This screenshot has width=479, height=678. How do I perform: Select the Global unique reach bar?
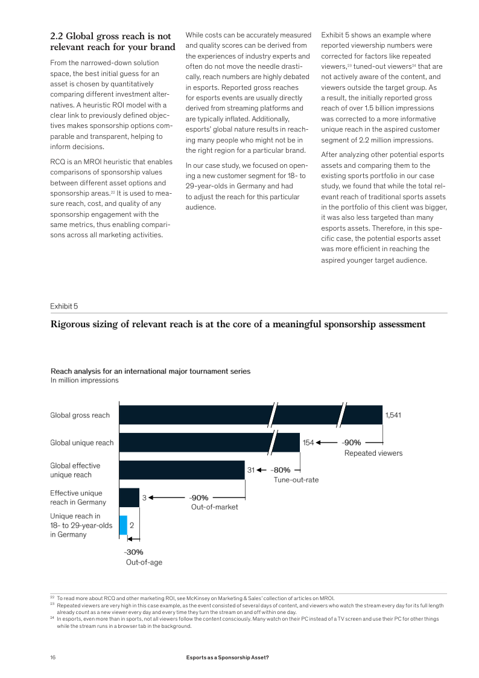coord(193,443)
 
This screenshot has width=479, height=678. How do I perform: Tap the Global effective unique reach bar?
coord(182,470)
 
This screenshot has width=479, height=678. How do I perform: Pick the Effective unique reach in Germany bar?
coord(129,497)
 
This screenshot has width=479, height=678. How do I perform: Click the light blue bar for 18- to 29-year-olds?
coord(123,525)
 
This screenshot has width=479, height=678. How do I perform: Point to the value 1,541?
coord(393,415)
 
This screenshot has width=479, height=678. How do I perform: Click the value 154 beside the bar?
coord(308,443)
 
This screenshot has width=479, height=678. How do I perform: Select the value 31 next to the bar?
coord(252,470)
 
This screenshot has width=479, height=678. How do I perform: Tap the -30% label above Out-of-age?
coord(133,552)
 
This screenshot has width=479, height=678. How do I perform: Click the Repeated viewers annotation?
coord(373,453)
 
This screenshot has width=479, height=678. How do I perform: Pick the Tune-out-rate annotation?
coord(296,480)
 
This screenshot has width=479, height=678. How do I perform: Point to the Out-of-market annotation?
coord(214,507)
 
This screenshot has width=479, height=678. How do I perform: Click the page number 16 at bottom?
coord(53,657)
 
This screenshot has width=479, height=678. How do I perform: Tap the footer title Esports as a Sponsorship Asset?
coord(227,657)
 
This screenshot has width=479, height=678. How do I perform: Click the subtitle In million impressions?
coord(84,380)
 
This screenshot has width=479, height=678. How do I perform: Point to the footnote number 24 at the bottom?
coord(52,619)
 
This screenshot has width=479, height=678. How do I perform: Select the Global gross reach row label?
coord(80,415)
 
